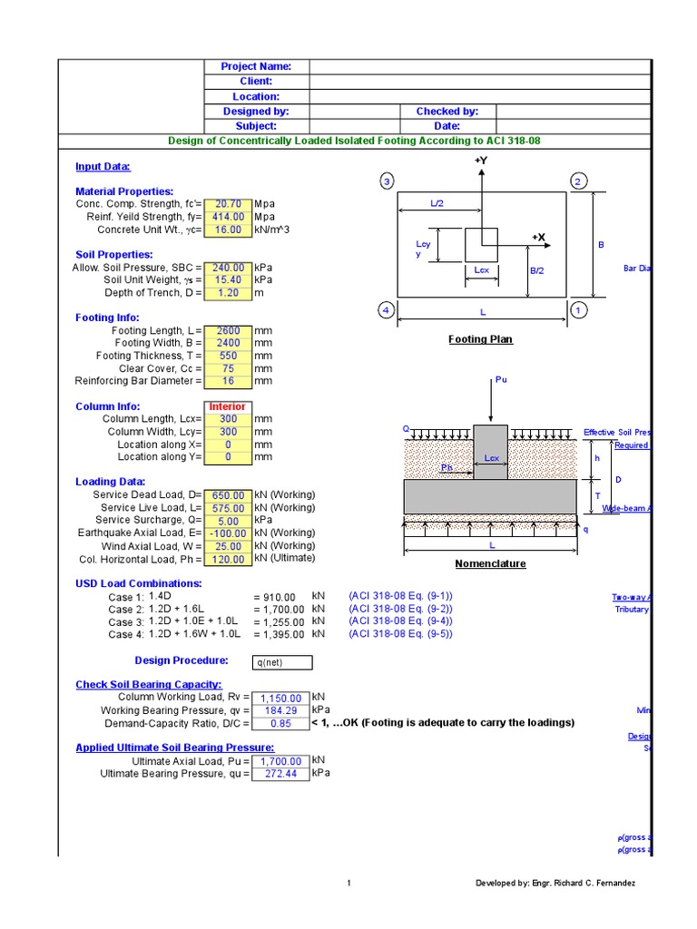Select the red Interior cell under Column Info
click(228, 407)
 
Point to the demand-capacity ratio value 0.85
click(280, 723)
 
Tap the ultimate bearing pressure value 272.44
click(280, 774)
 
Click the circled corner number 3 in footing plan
click(387, 182)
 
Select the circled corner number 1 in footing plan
click(577, 311)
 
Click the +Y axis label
click(481, 161)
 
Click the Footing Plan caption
click(480, 339)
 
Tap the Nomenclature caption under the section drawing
click(490, 563)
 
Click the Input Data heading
click(103, 167)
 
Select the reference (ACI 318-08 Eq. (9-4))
click(400, 621)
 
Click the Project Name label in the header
click(256, 66)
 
